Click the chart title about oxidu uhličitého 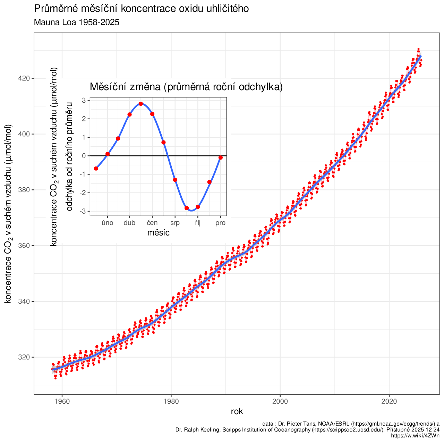pos(141,9)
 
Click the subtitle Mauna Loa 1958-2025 pos(77,23)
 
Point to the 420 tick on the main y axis pos(24,78)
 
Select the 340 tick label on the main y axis pos(24,301)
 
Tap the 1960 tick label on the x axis pos(62,401)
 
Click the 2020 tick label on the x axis pos(389,401)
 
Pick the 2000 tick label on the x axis pos(280,401)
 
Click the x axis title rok pos(237,411)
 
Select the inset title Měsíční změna pos(186,87)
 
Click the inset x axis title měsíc pos(158,233)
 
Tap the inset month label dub pos(129,223)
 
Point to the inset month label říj pos(198,223)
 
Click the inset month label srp pos(175,223)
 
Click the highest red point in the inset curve pos(141,104)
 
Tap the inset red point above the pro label pos(221,157)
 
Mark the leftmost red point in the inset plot pos(96,169)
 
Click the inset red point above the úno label pos(108,154)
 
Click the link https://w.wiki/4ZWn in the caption pos(415,436)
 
